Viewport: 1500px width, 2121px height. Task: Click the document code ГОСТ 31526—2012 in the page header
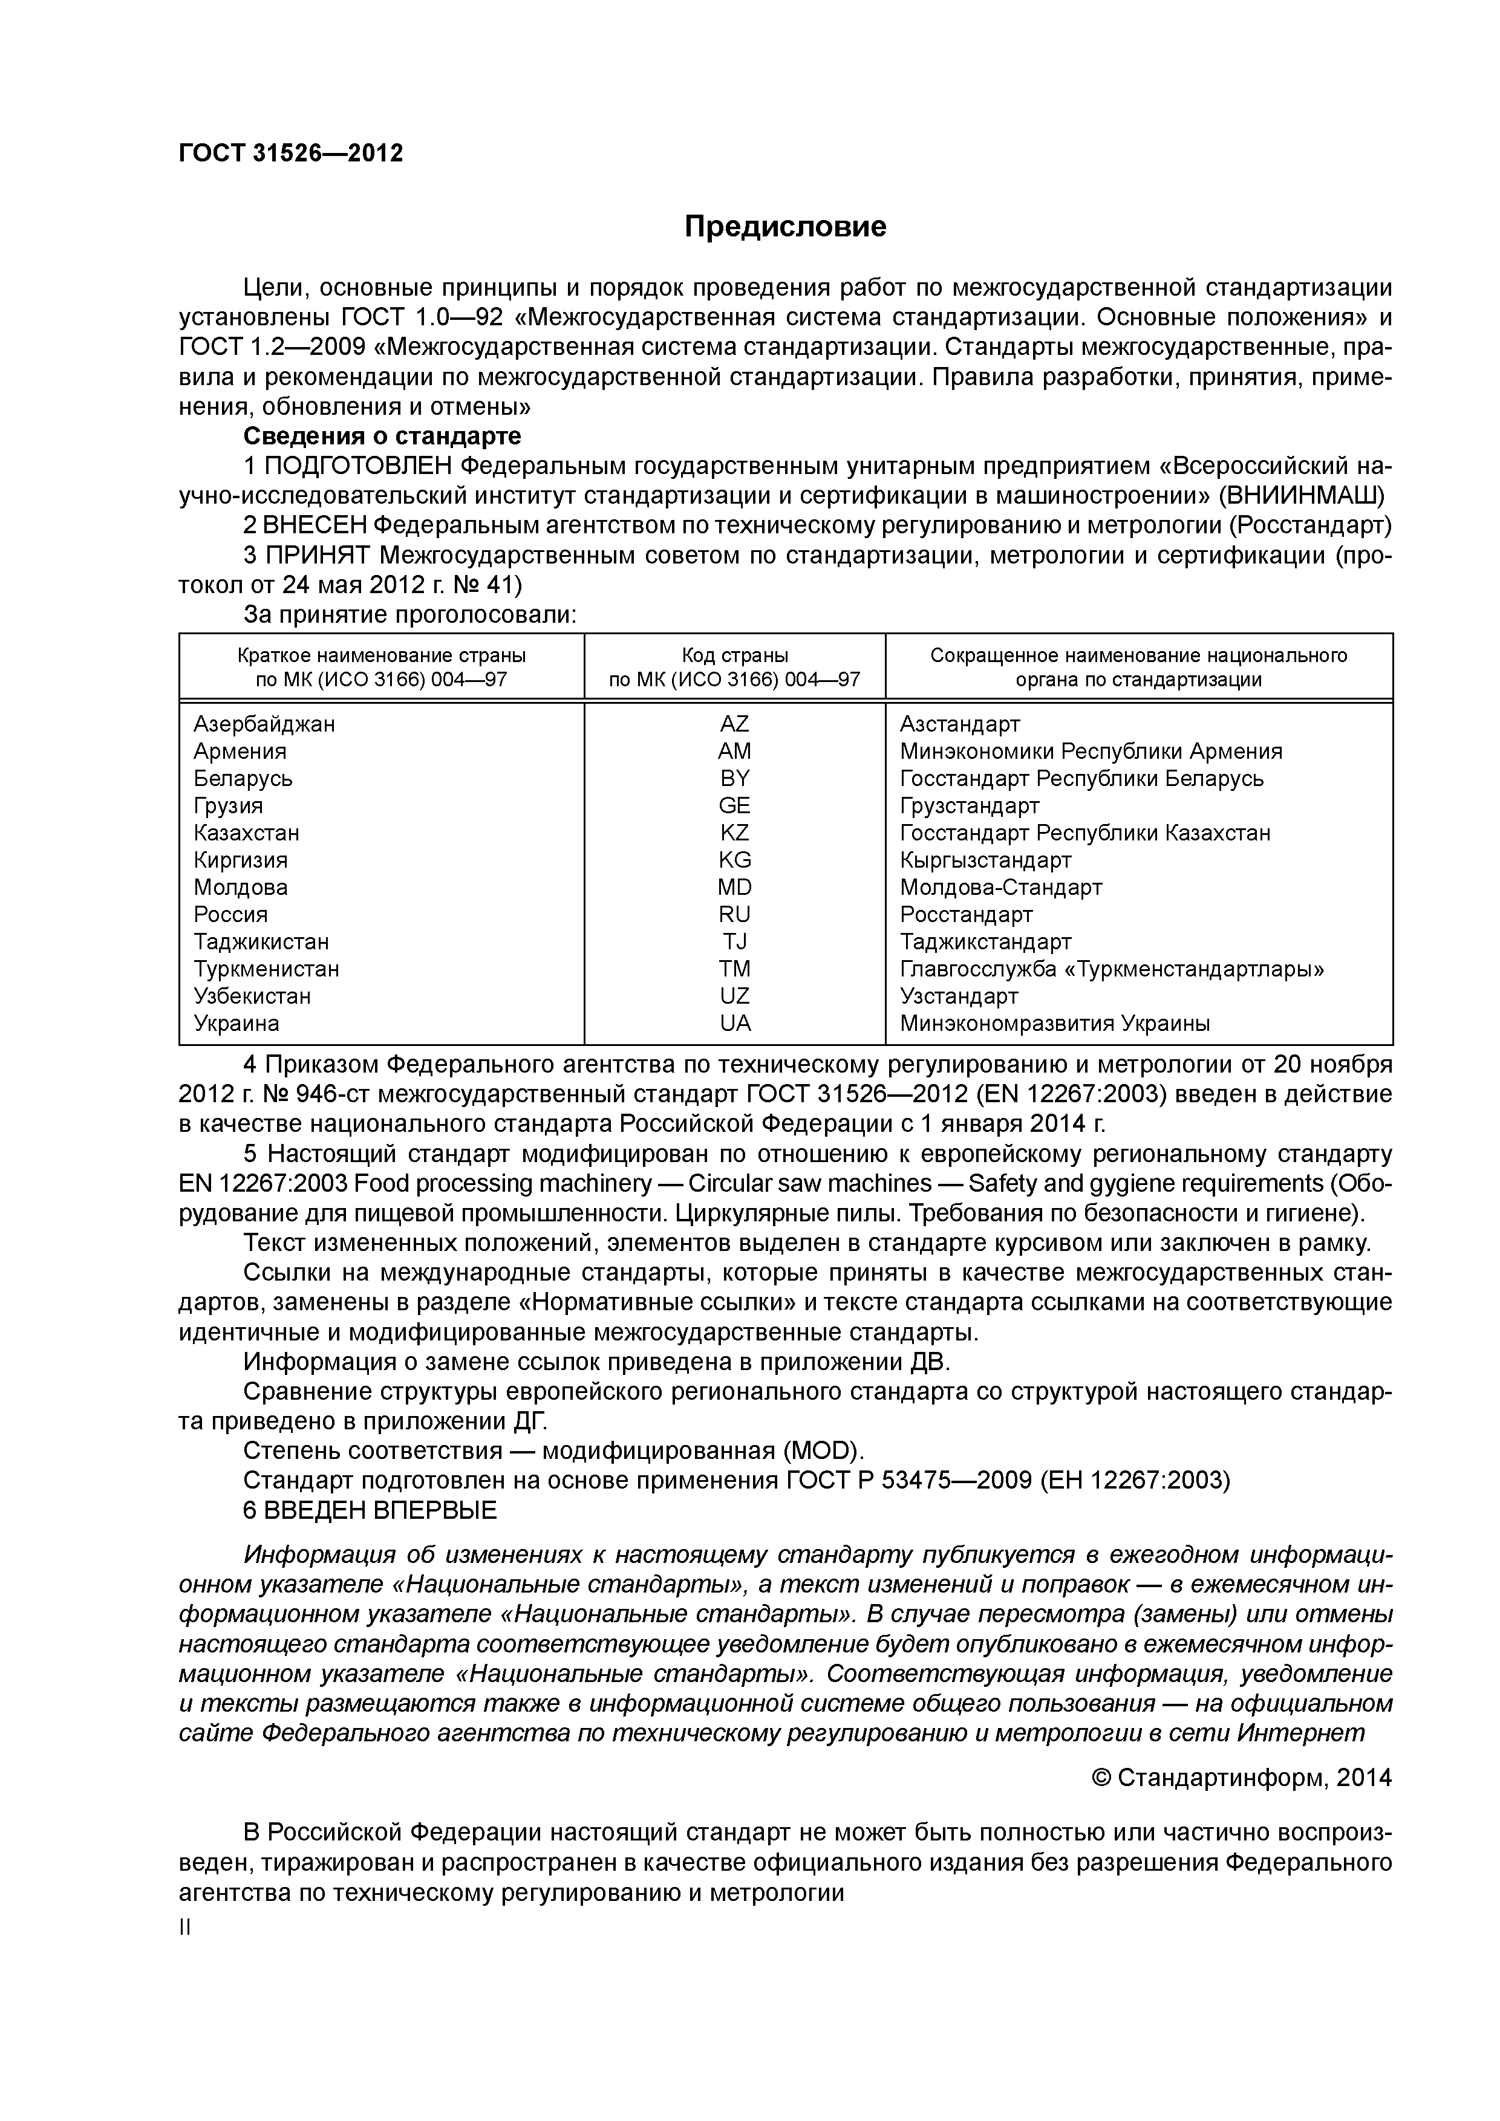pos(291,154)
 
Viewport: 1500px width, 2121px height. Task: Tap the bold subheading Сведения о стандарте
pos(382,436)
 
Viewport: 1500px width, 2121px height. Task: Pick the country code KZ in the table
pos(735,833)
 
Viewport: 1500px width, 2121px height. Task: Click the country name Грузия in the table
pos(228,805)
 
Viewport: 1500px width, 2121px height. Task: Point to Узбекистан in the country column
pos(252,996)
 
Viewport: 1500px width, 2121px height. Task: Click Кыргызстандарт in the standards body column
pos(985,860)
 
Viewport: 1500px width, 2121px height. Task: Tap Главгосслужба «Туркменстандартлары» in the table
pos(1112,969)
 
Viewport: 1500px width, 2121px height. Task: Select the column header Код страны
pos(735,656)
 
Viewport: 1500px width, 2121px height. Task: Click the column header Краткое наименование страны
pos(381,656)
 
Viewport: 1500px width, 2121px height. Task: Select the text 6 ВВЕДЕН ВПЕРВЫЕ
pos(370,1510)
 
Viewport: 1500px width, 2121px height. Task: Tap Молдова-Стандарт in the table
pos(1001,887)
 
